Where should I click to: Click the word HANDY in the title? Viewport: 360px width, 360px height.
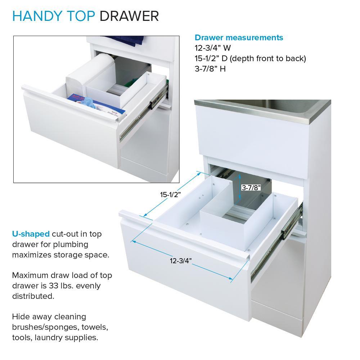click(37, 16)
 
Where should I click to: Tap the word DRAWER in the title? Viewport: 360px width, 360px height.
click(129, 16)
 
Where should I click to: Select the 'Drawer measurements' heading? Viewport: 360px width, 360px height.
click(239, 37)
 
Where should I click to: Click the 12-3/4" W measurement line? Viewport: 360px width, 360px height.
click(213, 48)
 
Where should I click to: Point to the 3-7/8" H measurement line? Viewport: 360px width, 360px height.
click(210, 69)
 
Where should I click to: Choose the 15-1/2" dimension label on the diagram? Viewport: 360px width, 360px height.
click(170, 195)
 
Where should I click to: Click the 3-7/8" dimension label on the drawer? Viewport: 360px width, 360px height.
click(251, 188)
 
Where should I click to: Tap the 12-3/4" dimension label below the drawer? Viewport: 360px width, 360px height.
click(181, 261)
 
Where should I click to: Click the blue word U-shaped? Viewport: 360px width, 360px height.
click(31, 234)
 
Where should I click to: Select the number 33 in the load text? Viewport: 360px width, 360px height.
click(53, 286)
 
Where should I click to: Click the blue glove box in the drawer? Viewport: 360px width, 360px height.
click(96, 105)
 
